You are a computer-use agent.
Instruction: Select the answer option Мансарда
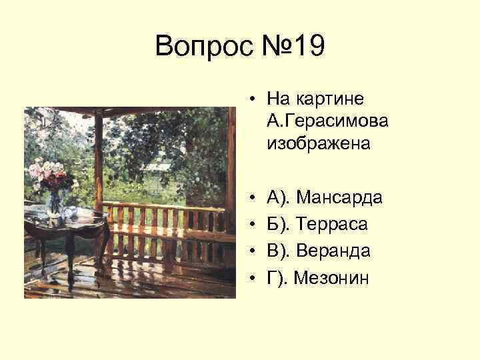pyautogui.click(x=339, y=197)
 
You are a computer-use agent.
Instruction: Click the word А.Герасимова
pyautogui.click(x=327, y=121)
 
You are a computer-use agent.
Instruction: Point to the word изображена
pyautogui.click(x=318, y=143)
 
